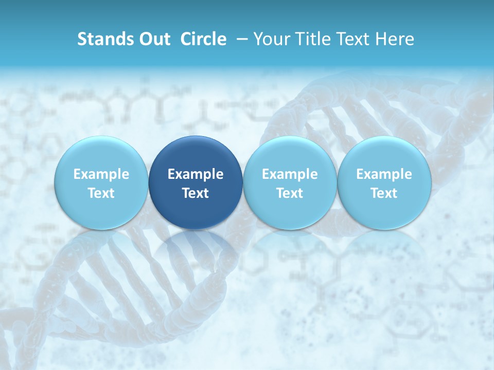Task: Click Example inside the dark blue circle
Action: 196,174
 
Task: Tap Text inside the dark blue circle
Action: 196,193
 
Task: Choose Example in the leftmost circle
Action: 101,174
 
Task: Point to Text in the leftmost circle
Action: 101,193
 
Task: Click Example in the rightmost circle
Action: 384,174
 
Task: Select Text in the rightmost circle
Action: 384,193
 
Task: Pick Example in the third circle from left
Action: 290,174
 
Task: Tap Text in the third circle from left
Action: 290,193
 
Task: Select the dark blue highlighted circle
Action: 196,154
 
